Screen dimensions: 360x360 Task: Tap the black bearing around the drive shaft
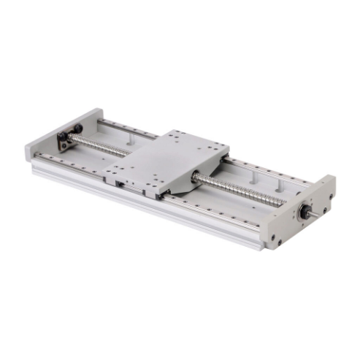tap(302, 212)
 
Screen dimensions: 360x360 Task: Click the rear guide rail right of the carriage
tap(263, 172)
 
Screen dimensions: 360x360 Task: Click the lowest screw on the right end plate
tap(275, 238)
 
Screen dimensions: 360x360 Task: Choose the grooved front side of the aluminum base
tap(146, 212)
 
